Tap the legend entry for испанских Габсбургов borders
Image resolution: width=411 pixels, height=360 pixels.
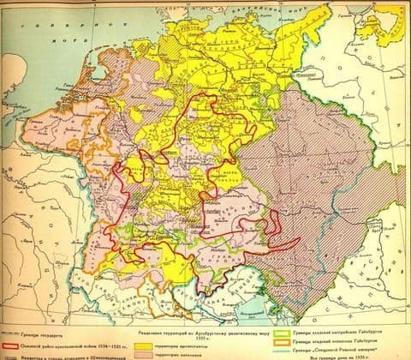(x=335, y=339)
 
